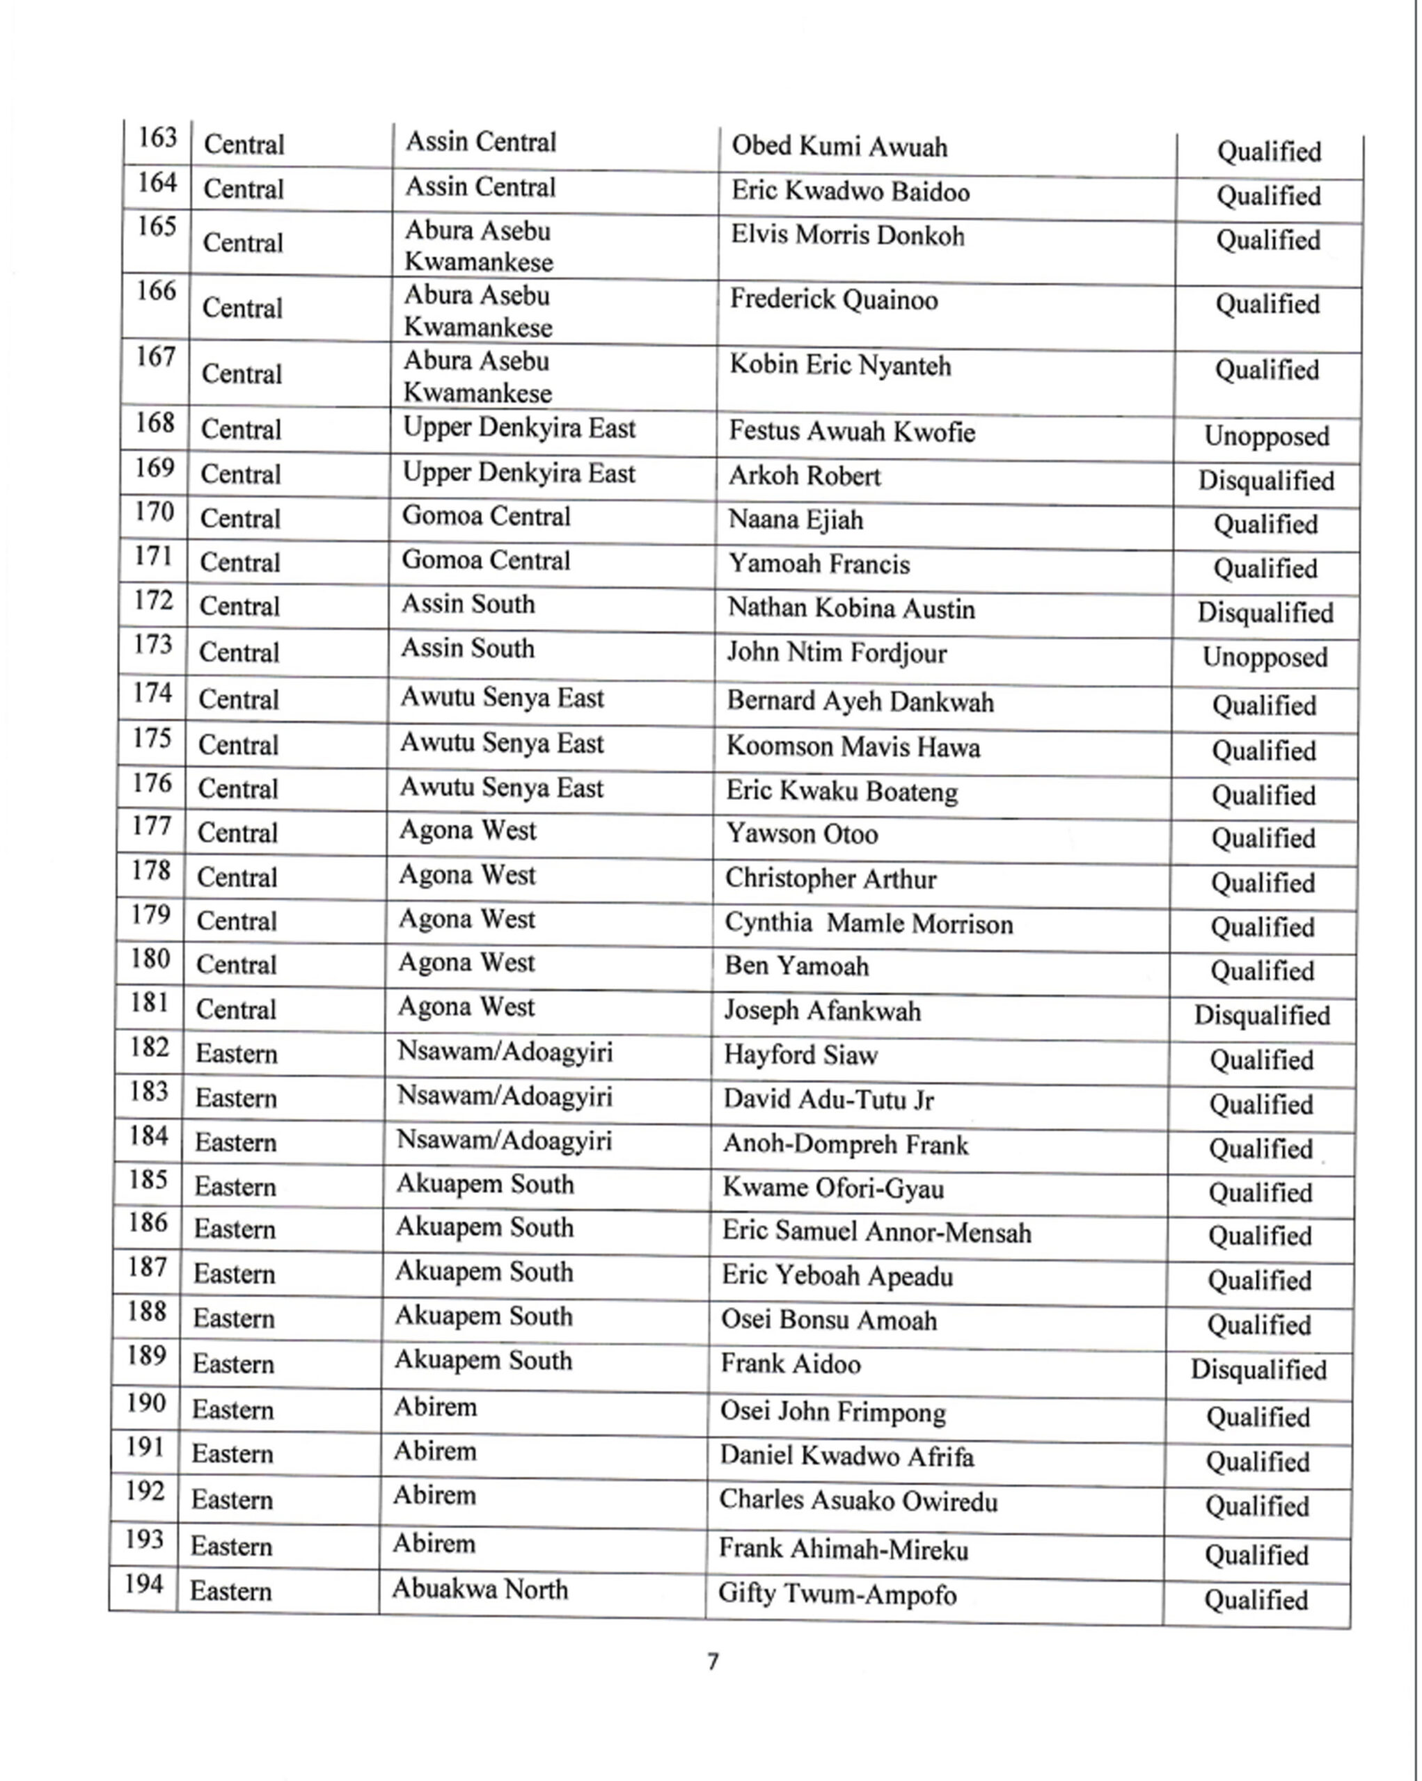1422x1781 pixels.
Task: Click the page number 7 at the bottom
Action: (x=713, y=1661)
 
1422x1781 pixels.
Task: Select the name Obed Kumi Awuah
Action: (x=839, y=147)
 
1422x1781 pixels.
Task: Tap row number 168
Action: (x=155, y=423)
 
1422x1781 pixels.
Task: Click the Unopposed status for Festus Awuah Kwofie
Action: (x=1266, y=436)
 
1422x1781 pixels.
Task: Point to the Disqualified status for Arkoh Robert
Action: (x=1266, y=480)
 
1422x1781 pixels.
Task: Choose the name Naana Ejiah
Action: (x=795, y=520)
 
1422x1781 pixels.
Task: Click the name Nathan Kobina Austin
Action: (x=851, y=609)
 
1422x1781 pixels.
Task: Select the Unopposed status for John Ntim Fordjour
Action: (x=1264, y=657)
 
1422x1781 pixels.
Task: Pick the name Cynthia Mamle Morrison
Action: (x=869, y=923)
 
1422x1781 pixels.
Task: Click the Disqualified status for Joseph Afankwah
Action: (x=1262, y=1014)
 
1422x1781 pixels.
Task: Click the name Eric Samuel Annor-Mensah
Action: (x=876, y=1233)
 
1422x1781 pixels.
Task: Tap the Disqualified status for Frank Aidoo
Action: (x=1258, y=1370)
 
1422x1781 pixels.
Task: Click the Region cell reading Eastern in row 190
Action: (x=232, y=1409)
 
